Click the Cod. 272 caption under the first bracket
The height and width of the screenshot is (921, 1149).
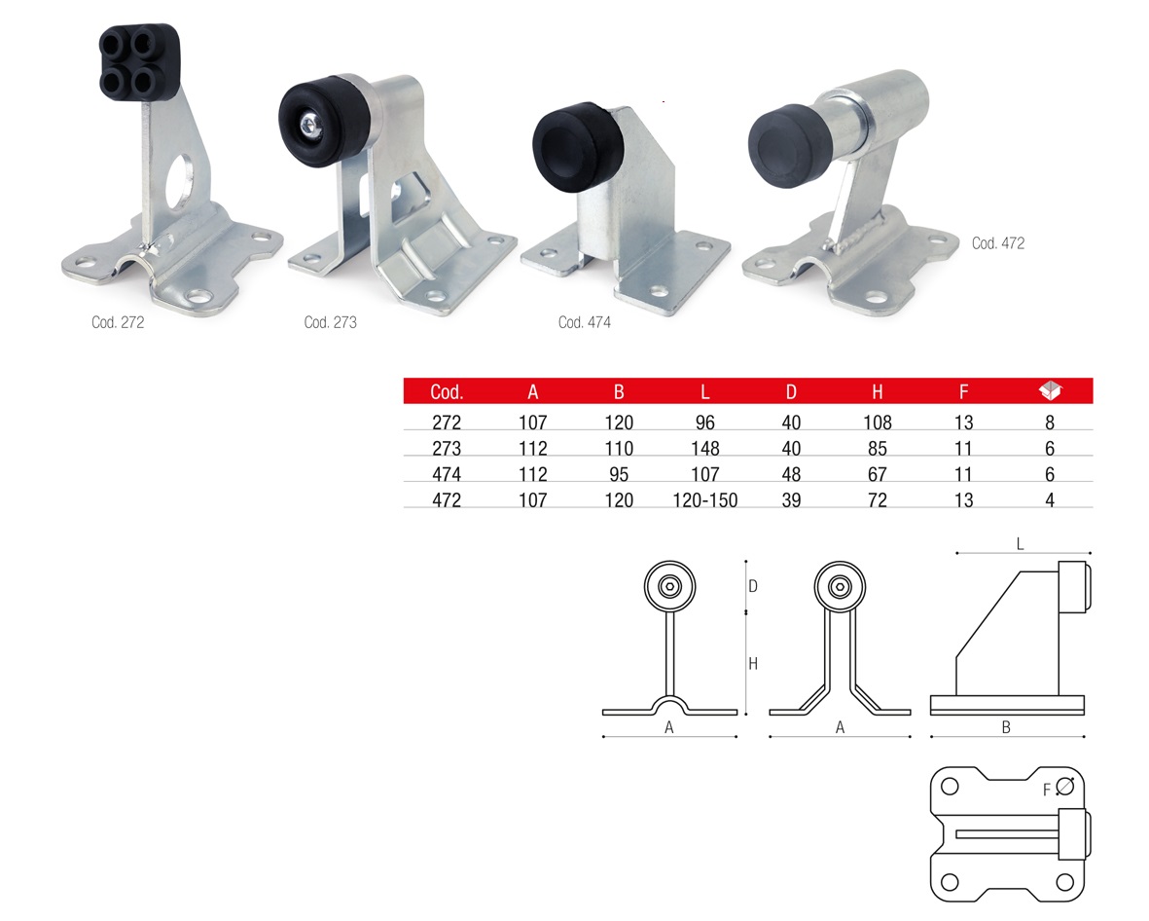point(118,322)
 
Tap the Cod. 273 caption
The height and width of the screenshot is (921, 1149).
point(331,322)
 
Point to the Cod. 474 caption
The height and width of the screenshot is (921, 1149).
point(585,322)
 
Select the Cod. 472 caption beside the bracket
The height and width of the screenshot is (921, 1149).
point(998,242)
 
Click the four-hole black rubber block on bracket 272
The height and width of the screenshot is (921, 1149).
point(140,61)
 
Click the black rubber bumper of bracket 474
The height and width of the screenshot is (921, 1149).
point(578,147)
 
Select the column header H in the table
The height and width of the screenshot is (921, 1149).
point(878,391)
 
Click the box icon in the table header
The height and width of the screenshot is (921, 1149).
point(1050,390)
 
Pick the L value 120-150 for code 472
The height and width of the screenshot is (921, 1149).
point(705,500)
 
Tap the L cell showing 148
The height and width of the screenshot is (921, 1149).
point(705,448)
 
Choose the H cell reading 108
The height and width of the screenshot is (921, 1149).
point(878,423)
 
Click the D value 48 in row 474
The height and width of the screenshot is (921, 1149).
point(791,474)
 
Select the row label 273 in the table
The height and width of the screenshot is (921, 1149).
point(447,448)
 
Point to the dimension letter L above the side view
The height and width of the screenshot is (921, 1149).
point(1020,544)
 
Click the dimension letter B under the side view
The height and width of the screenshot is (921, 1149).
point(1006,727)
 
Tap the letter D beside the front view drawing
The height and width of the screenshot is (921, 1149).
point(753,586)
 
